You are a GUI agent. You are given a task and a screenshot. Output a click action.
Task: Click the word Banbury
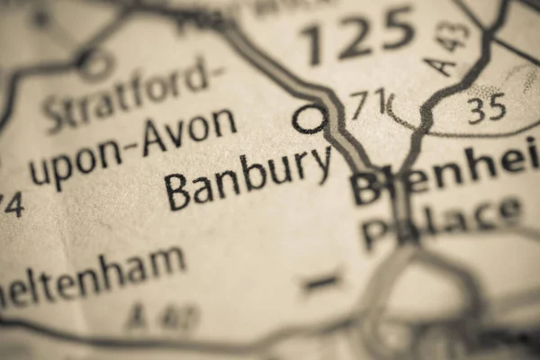click(x=247, y=176)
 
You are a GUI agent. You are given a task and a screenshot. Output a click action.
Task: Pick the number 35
click(x=486, y=109)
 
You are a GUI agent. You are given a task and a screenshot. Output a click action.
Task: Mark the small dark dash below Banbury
click(x=321, y=283)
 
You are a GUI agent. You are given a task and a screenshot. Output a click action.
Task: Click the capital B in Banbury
click(x=177, y=192)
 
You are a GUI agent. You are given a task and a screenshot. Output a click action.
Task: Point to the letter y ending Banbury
click(x=321, y=166)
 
